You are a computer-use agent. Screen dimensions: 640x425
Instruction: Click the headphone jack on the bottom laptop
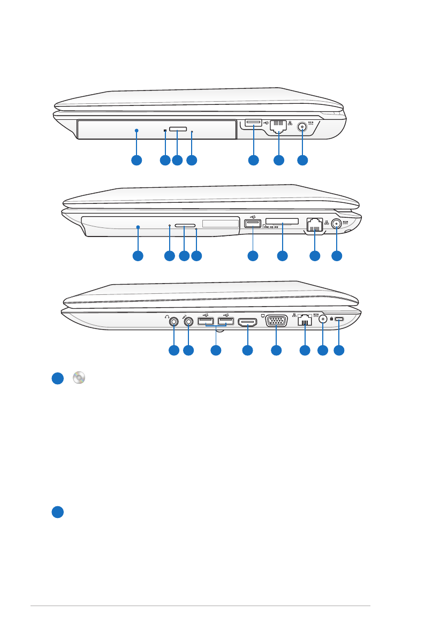pos(173,322)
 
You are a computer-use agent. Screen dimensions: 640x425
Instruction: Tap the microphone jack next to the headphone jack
pos(188,322)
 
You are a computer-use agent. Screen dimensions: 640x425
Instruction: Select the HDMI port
pos(247,322)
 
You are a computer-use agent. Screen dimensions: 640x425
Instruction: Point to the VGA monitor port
pos(276,321)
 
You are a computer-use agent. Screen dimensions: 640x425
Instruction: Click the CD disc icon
pos(79,378)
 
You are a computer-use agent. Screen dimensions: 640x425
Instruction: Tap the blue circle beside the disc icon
pos(58,378)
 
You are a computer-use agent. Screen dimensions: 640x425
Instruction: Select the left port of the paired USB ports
pos(206,322)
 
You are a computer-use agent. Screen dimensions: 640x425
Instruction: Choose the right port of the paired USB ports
pos(225,322)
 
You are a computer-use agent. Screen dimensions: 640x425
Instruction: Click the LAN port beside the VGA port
pos(305,322)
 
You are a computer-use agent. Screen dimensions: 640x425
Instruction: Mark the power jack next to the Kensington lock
pos(323,320)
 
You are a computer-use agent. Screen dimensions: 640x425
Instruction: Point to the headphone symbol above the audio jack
pos(167,315)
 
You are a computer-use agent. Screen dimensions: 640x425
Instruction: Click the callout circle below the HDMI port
pos(247,351)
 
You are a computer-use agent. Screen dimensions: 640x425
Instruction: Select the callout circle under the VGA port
pos(276,351)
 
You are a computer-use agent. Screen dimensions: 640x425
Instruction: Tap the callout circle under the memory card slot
pos(282,256)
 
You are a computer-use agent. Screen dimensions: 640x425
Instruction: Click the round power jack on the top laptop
pos(302,127)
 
